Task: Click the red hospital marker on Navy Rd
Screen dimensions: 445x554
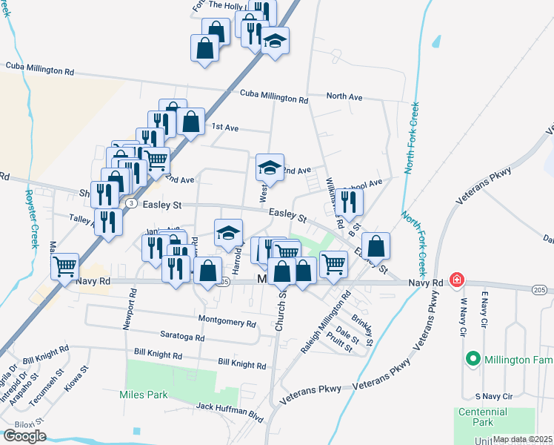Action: (x=457, y=280)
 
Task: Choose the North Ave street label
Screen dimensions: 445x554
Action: (x=344, y=97)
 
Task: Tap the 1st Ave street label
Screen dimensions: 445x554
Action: (x=224, y=128)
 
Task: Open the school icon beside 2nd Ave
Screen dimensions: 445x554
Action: (x=270, y=168)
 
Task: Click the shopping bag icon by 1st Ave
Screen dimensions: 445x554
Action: (x=190, y=122)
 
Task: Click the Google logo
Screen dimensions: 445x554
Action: (x=24, y=436)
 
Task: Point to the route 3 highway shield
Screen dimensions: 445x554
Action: (x=130, y=202)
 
